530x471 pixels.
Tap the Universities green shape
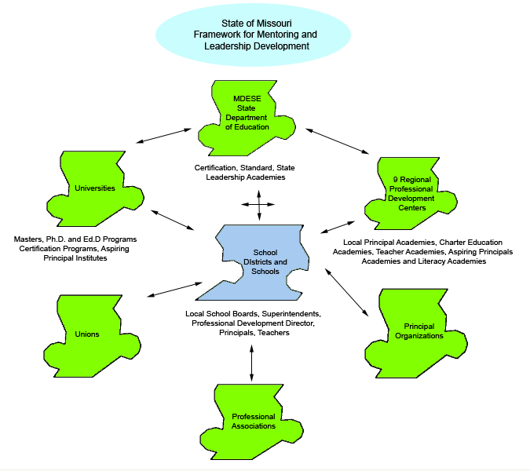point(94,188)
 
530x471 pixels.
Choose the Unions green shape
point(87,334)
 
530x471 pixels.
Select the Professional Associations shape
point(253,420)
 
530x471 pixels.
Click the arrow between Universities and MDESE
point(163,135)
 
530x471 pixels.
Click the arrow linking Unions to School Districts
point(175,288)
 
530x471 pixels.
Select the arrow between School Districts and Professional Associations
point(251,361)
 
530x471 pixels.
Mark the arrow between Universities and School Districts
point(174,219)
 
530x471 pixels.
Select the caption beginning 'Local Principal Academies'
point(423,251)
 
